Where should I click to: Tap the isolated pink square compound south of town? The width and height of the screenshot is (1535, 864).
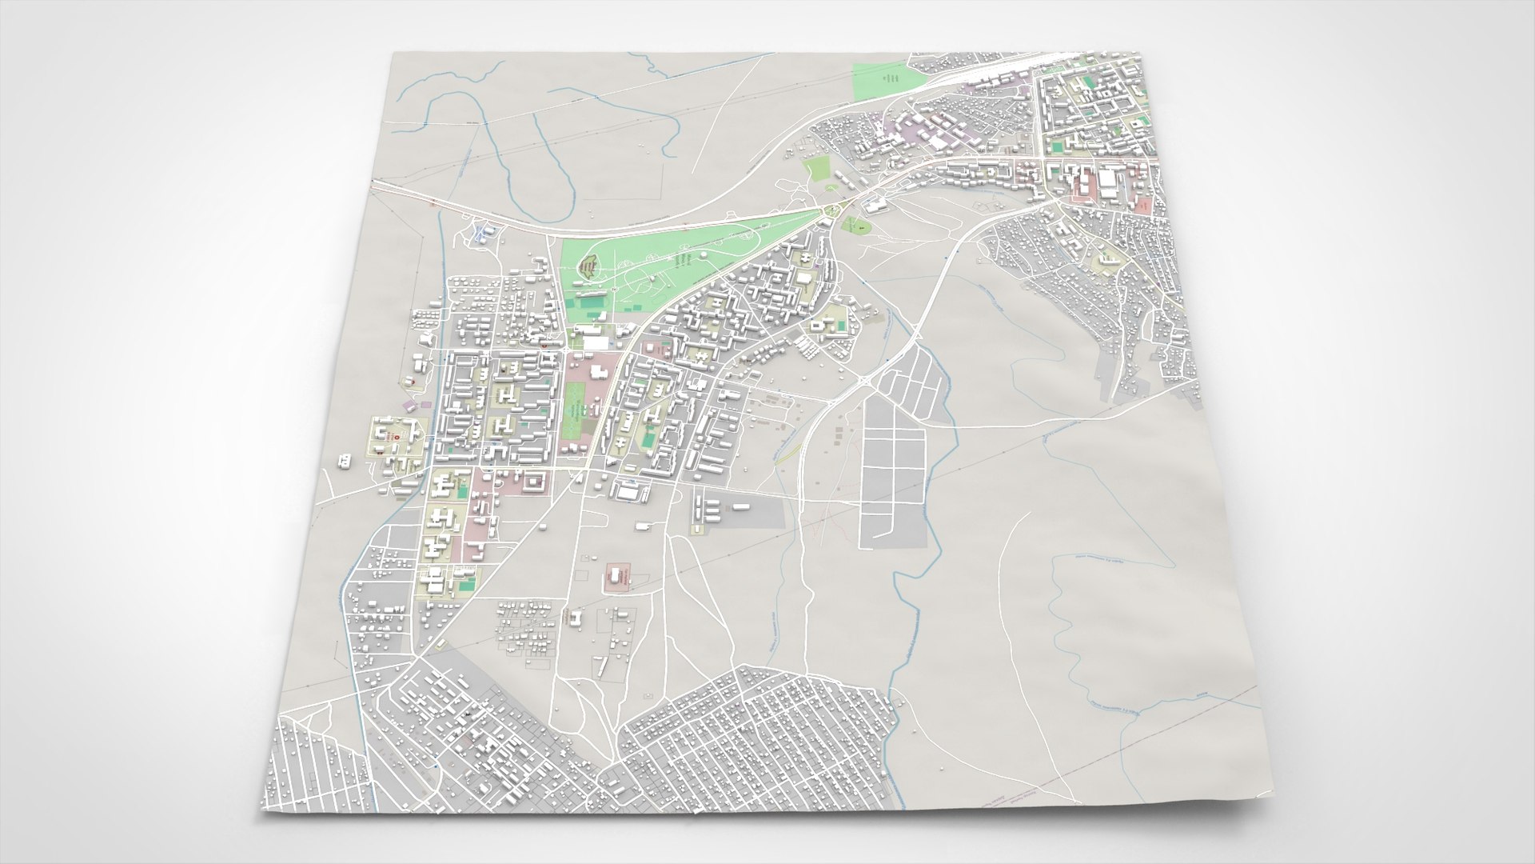click(617, 577)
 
